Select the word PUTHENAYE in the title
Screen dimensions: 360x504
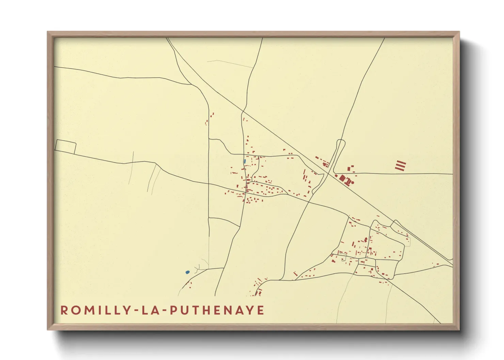[217, 310]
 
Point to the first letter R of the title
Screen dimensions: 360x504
[64, 310]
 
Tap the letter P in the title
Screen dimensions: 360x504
[173, 310]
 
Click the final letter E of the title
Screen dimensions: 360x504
[261, 310]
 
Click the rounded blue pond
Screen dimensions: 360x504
[187, 272]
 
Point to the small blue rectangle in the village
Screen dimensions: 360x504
[245, 161]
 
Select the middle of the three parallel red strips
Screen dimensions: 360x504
[400, 165]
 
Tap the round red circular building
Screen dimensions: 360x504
[352, 182]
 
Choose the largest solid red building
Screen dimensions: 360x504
[342, 178]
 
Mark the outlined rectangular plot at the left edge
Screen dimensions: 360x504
[65, 147]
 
